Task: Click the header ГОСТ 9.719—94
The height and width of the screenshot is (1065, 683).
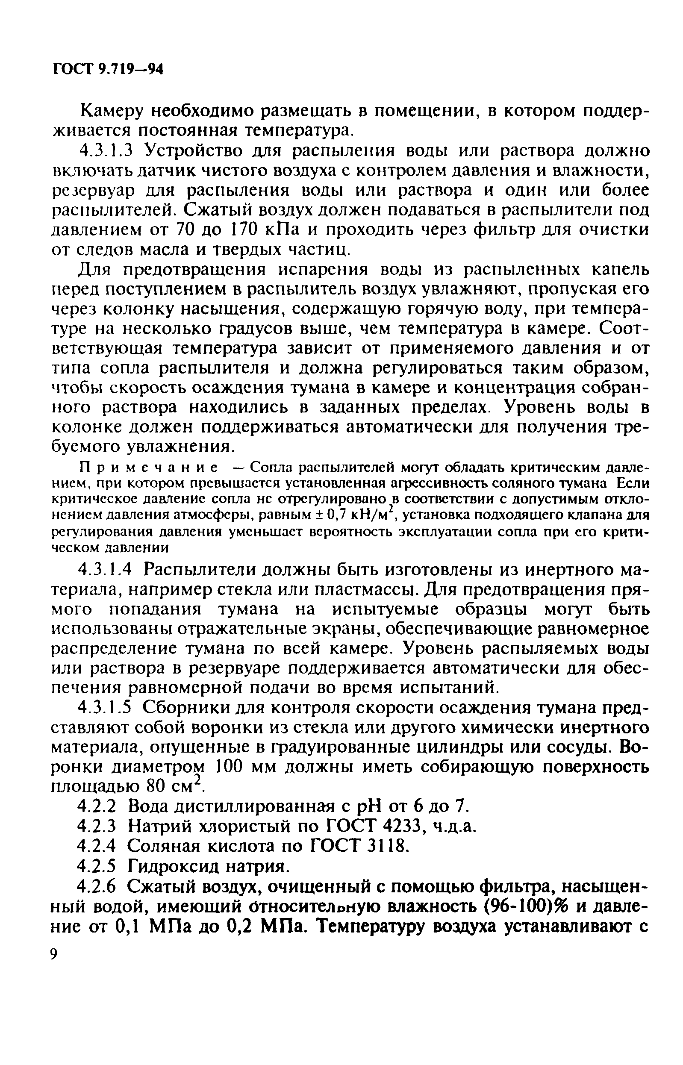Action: (x=108, y=69)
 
